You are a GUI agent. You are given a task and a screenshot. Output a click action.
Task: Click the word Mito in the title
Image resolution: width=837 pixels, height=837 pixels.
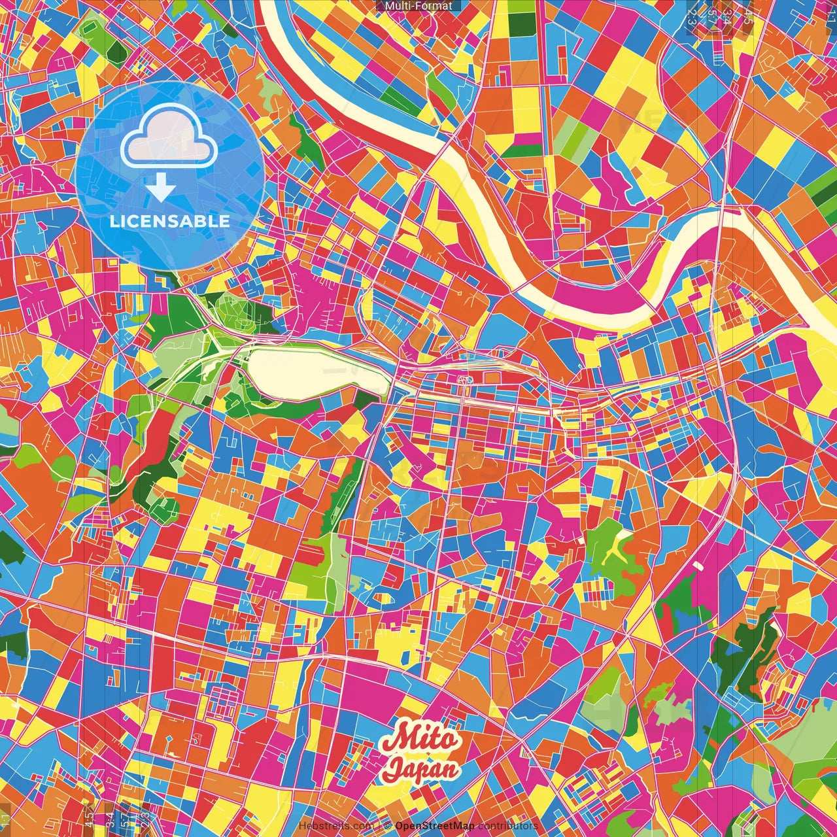point(420,740)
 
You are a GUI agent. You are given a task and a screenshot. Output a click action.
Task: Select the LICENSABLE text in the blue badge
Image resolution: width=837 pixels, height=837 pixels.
point(170,221)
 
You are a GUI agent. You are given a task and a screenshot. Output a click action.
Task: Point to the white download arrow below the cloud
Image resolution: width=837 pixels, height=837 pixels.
point(161,188)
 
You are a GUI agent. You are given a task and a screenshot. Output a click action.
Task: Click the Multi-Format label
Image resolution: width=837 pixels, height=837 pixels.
point(418,6)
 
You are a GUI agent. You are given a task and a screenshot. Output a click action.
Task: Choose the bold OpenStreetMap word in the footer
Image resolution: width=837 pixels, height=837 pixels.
point(435,826)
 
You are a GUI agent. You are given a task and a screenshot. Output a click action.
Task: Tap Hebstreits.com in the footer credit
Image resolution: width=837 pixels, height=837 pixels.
point(336,826)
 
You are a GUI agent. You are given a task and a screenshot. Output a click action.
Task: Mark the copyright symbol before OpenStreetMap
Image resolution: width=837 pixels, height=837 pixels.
point(387,826)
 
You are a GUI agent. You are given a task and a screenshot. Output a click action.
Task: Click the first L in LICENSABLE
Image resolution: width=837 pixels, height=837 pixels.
point(114,221)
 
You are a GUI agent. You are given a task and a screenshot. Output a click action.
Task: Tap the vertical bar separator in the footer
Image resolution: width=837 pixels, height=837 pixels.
point(379,826)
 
